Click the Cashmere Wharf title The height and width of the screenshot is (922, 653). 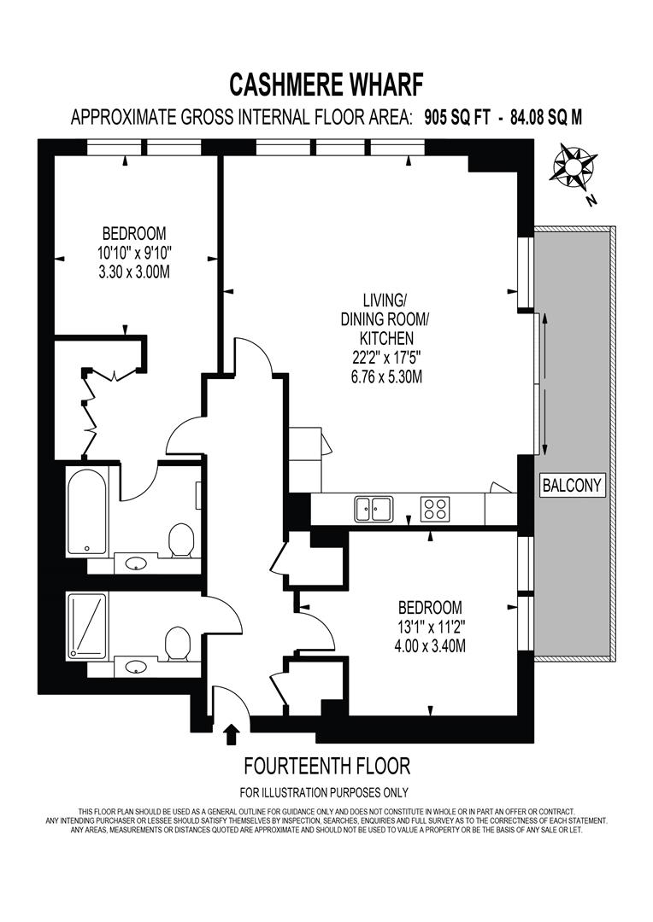coord(326,84)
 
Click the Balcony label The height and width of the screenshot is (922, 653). coord(573,485)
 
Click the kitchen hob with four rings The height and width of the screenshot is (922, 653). coord(435,509)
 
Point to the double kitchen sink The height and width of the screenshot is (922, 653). coord(374,509)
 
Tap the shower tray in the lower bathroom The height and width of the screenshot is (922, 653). coord(87,625)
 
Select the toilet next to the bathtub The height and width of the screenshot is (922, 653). coord(181,540)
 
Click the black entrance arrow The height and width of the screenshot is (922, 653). coord(232,734)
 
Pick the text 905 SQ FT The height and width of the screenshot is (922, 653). coord(457,118)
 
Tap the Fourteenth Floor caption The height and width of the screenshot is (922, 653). coord(326,766)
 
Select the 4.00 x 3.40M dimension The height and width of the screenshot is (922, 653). coord(431,646)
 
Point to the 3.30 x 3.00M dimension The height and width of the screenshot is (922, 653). coord(134,272)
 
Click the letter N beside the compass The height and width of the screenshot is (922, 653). coord(591,201)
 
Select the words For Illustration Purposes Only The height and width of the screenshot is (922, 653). coord(324,792)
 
